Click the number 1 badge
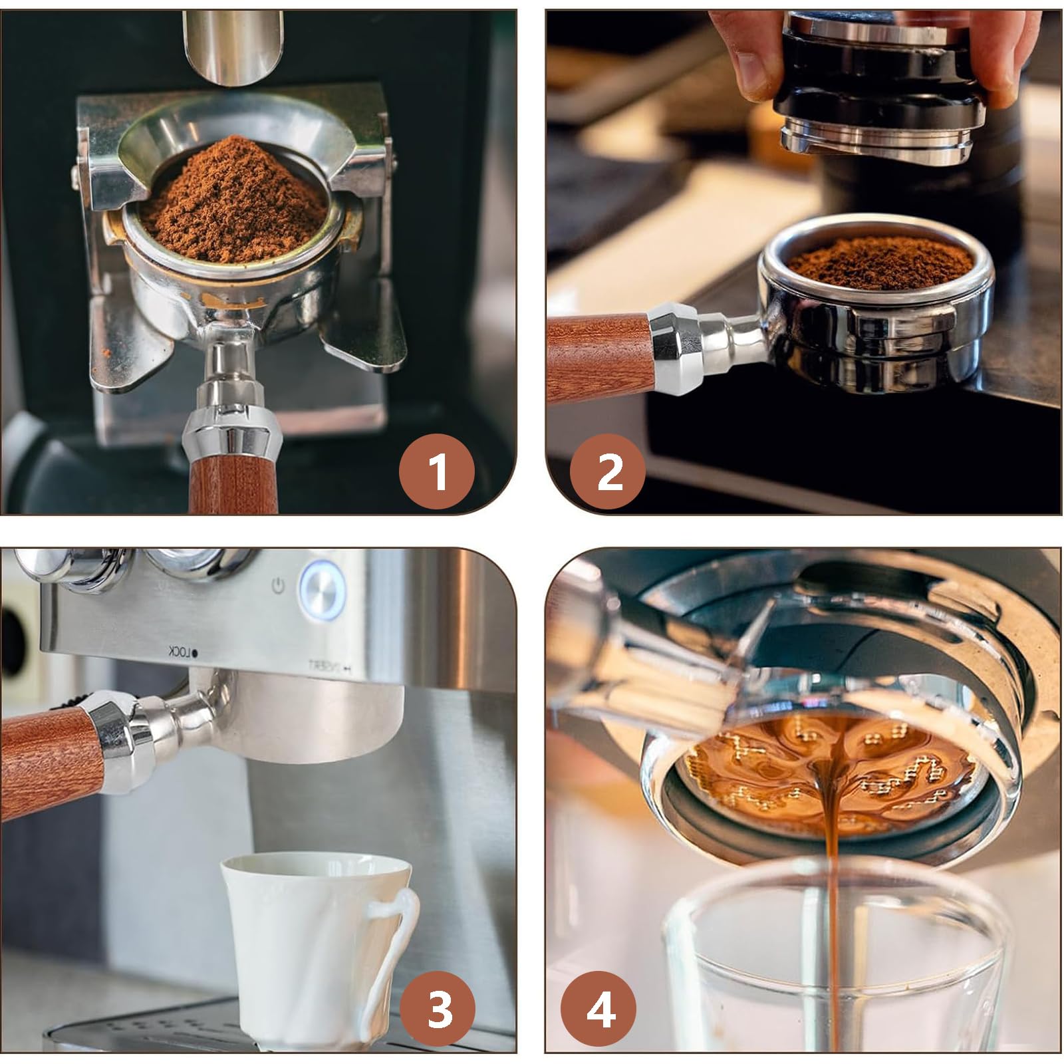point(437,471)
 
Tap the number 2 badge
point(608,471)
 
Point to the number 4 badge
point(598,1006)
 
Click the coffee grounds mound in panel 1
point(233,199)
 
